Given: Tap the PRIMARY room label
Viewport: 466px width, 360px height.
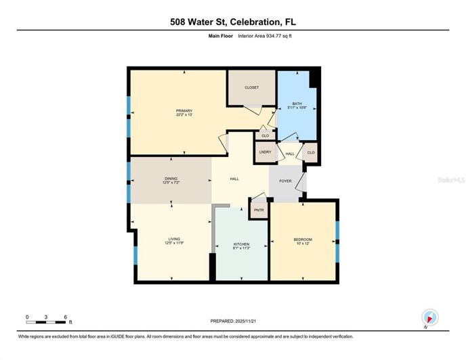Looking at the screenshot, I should [184, 111].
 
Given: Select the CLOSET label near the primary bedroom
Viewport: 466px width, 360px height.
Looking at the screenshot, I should [251, 87].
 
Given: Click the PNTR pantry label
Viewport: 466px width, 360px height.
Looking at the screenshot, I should [259, 210].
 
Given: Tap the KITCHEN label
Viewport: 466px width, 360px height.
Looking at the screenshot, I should [242, 244].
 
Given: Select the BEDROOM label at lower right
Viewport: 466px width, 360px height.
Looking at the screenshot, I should [303, 239].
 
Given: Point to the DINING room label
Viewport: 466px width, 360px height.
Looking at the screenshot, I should [170, 178].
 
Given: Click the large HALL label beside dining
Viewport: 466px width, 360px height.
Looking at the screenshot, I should [234, 179].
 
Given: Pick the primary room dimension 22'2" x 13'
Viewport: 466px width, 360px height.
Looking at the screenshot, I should [184, 116].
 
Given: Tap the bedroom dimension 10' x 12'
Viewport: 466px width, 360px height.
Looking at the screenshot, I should [303, 244].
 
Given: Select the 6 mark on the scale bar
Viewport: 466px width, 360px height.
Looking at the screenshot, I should [65, 317].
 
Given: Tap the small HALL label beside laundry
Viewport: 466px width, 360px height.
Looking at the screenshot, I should [289, 154].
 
